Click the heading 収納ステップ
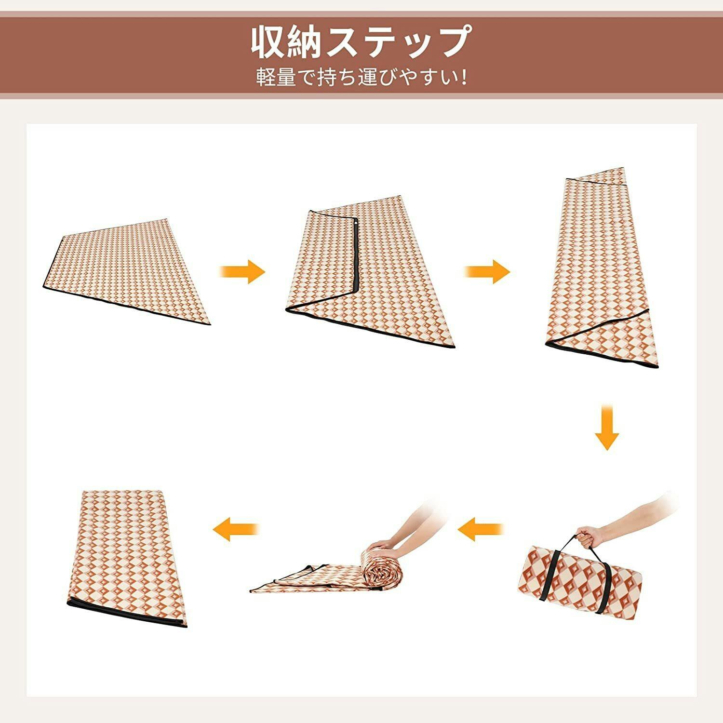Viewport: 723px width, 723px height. [x=361, y=42]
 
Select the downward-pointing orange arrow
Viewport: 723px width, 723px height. [x=606, y=428]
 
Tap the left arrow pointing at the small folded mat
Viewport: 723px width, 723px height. [x=236, y=529]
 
